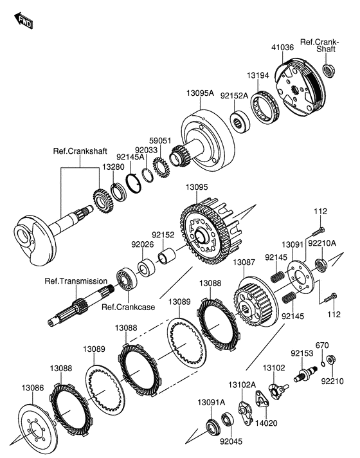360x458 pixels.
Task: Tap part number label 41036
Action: [282, 47]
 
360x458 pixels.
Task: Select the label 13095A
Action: [201, 93]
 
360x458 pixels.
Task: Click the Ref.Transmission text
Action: [76, 281]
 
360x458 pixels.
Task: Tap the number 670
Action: [321, 345]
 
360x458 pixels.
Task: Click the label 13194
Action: [260, 75]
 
